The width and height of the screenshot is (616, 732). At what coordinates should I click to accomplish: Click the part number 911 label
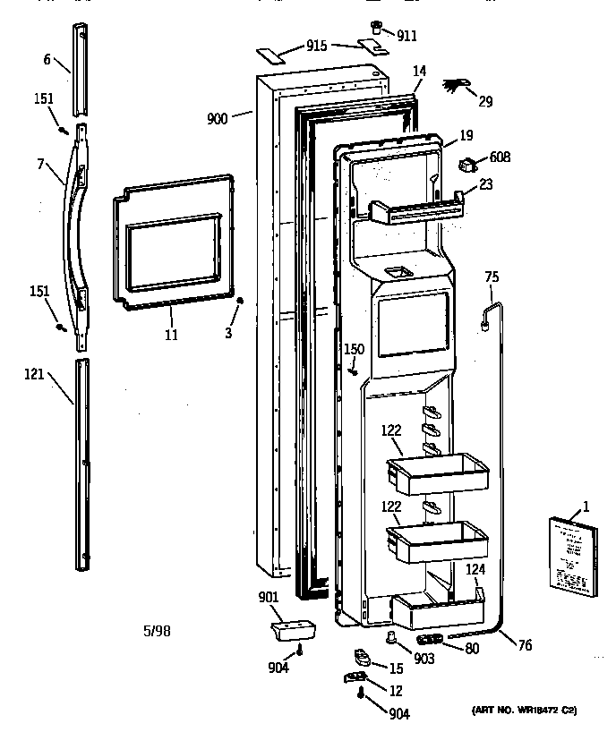coord(407,37)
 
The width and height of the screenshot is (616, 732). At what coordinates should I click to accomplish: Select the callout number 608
coord(500,158)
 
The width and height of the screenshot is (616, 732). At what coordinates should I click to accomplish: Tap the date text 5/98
coord(157,631)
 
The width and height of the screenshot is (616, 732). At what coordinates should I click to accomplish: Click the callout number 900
coord(217,117)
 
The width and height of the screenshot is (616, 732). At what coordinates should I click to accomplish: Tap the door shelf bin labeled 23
coord(419,209)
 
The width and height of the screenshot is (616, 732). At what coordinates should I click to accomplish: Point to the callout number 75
coord(490,278)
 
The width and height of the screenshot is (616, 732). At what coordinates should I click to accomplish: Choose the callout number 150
coord(355,348)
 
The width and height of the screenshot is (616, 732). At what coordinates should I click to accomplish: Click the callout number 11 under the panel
coord(171,336)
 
